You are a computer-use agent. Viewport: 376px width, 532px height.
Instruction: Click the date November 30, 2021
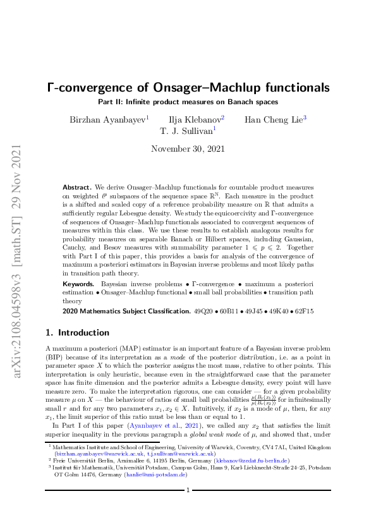[188, 149]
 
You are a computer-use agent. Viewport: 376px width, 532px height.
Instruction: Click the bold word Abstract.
[76, 188]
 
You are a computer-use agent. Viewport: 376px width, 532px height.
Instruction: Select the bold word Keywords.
[79, 286]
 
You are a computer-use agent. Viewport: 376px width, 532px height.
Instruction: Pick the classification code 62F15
[303, 312]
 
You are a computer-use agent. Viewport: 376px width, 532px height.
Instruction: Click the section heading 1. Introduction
[78, 332]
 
